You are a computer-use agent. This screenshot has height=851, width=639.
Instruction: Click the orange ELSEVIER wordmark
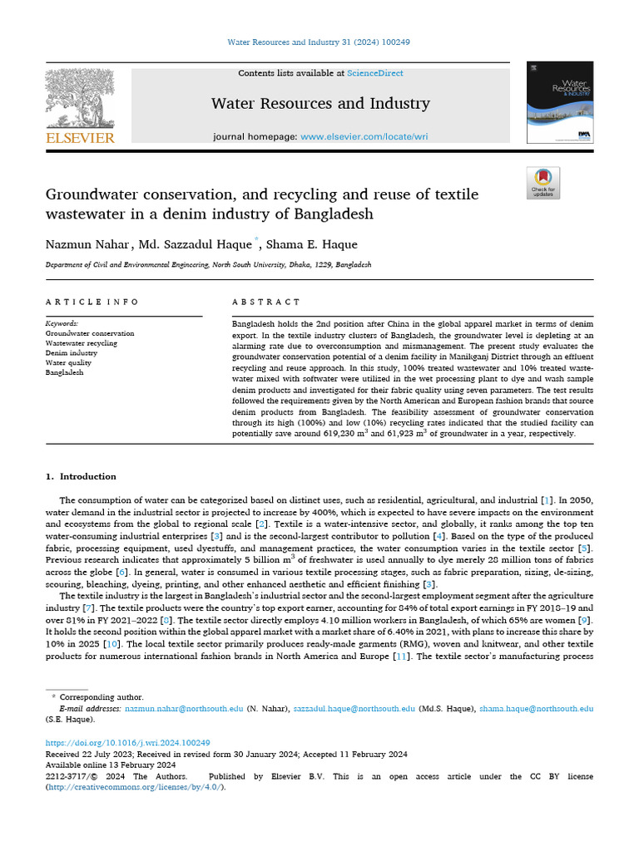[79, 138]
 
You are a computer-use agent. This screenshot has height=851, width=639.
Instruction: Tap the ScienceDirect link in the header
[374, 73]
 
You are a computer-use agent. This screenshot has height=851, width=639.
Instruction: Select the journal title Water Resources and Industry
[320, 104]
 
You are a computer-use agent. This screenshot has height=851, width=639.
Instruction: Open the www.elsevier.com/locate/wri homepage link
[364, 136]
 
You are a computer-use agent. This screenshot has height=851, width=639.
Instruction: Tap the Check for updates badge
[543, 183]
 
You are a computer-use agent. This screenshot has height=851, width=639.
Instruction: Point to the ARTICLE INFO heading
[92, 303]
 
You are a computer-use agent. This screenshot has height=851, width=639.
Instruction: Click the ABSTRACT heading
[265, 303]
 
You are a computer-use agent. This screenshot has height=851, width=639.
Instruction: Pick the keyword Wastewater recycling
[81, 342]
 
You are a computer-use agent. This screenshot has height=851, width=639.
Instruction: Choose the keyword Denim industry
[71, 352]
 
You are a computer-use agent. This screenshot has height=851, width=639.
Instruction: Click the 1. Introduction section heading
[81, 476]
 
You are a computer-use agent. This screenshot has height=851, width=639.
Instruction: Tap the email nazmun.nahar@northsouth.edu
[184, 709]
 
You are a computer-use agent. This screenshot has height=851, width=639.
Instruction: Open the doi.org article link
[127, 742]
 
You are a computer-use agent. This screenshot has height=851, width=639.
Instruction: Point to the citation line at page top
[319, 42]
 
